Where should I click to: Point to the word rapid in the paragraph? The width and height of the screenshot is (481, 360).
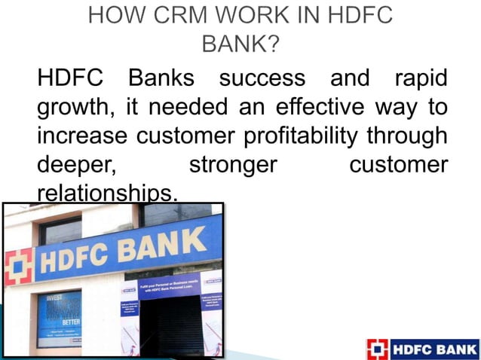click(419, 78)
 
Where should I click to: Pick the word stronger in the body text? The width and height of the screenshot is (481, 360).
click(233, 165)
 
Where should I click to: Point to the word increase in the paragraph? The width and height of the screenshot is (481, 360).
click(83, 136)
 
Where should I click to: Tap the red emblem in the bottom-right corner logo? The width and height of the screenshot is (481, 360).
click(376, 349)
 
